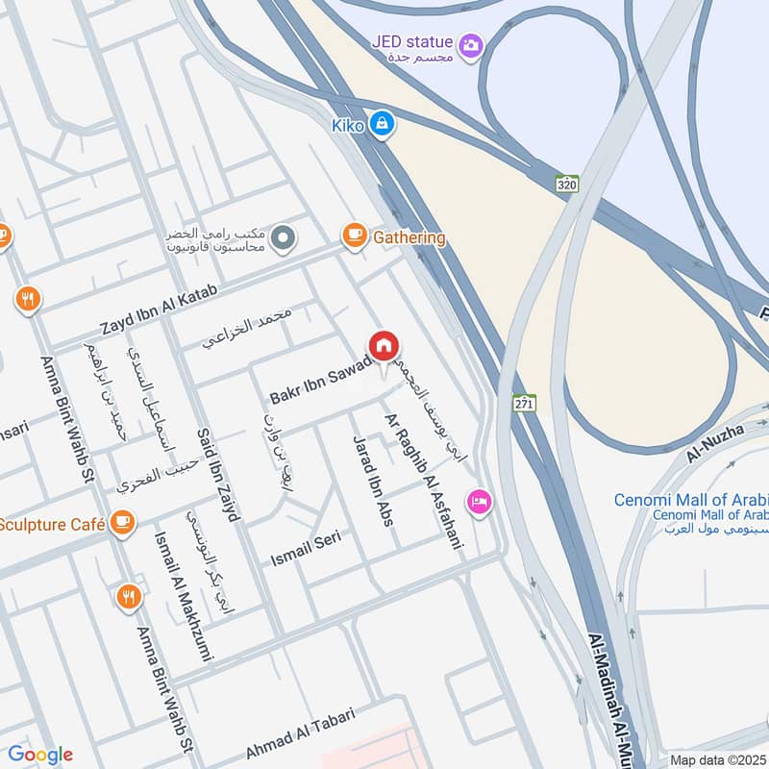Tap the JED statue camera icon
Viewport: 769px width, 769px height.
471,45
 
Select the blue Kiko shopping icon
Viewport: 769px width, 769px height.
382,124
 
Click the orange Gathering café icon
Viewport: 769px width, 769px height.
355,236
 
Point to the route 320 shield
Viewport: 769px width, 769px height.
566,183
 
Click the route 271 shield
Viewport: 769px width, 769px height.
524,402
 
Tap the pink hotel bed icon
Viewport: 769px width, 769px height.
478,500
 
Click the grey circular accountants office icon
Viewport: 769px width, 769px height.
282,236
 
